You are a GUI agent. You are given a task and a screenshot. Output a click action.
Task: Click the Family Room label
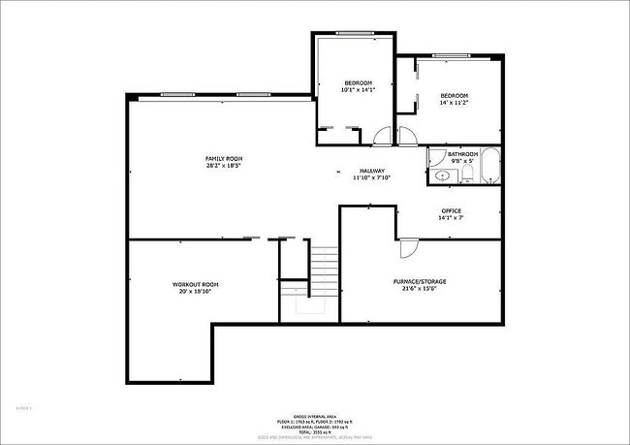pyautogui.click(x=223, y=158)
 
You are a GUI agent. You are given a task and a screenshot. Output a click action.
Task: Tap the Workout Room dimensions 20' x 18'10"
pyautogui.click(x=195, y=291)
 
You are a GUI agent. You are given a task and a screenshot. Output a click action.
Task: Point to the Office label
pyautogui.click(x=451, y=210)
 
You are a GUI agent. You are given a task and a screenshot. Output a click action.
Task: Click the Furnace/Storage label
pyautogui.click(x=420, y=281)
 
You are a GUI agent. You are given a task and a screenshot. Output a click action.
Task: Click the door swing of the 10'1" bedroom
pyautogui.click(x=384, y=137)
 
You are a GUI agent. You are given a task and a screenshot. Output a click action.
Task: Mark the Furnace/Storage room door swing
pyautogui.click(x=408, y=248)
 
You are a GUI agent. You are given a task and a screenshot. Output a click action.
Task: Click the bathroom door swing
pyautogui.click(x=432, y=154)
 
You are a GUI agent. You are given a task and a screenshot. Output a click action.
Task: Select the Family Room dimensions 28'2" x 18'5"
pyautogui.click(x=223, y=166)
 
